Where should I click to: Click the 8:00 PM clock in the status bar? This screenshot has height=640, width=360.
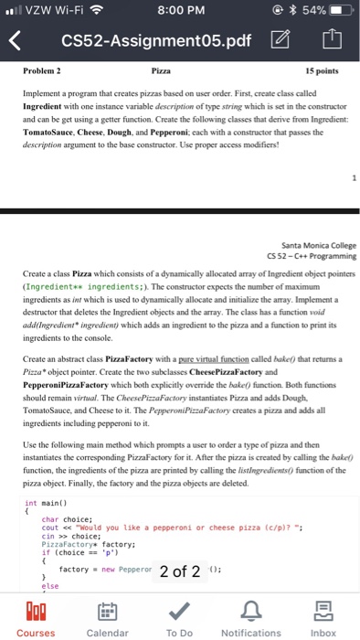(x=180, y=12)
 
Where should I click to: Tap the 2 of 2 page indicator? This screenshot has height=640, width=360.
(x=180, y=571)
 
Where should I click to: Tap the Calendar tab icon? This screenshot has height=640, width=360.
(x=107, y=610)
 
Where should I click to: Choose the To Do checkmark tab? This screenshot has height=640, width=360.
(x=180, y=610)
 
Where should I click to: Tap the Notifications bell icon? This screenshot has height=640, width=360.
(x=251, y=610)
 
